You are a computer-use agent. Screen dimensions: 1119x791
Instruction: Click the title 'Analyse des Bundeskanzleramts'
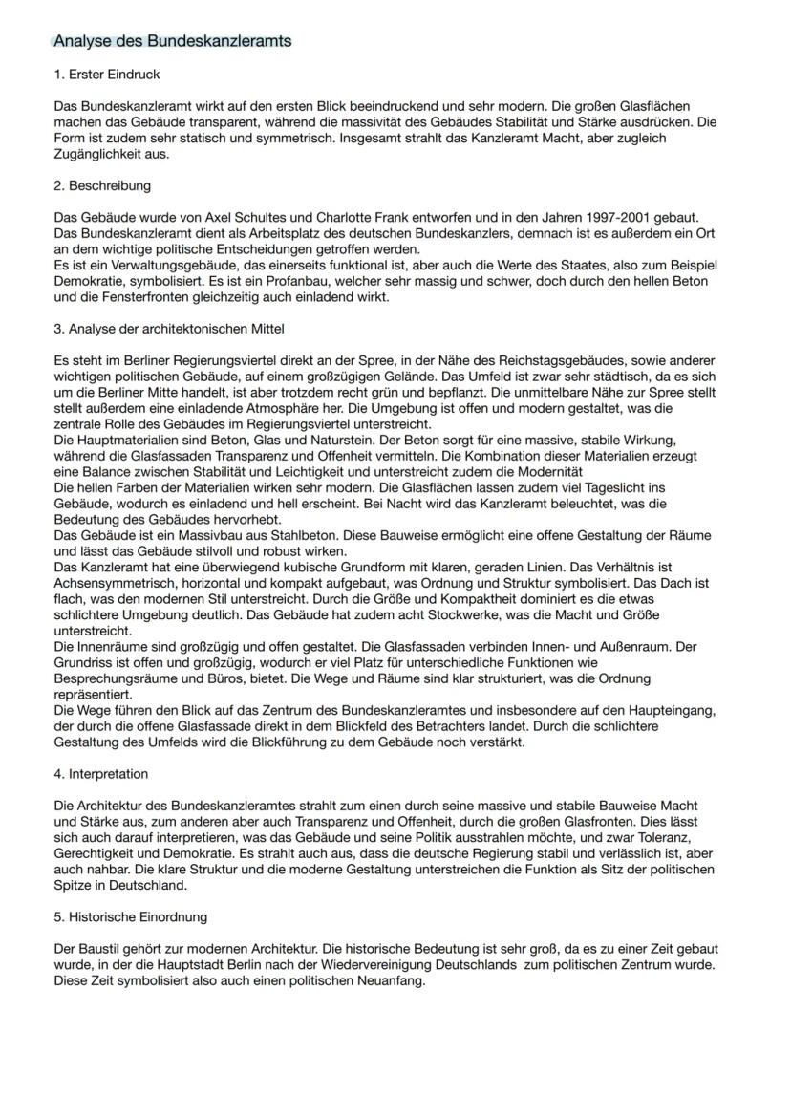(172, 41)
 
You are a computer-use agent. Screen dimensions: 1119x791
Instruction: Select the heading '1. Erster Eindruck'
(107, 75)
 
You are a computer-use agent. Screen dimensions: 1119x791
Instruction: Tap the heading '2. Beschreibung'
(102, 185)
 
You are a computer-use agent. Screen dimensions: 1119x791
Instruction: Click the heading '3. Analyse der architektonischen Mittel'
(169, 330)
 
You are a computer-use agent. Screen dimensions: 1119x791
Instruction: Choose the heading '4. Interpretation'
(101, 773)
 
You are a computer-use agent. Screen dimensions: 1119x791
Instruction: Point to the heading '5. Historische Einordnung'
(131, 917)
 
